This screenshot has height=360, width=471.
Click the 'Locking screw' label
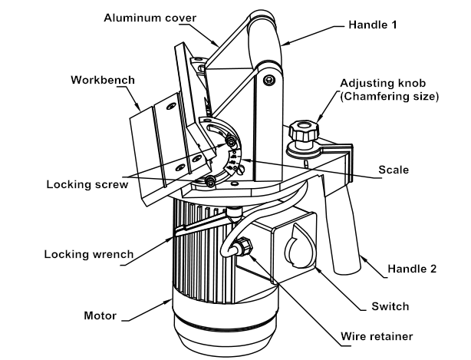click(x=83, y=184)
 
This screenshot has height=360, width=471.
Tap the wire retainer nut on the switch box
click(x=244, y=247)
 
